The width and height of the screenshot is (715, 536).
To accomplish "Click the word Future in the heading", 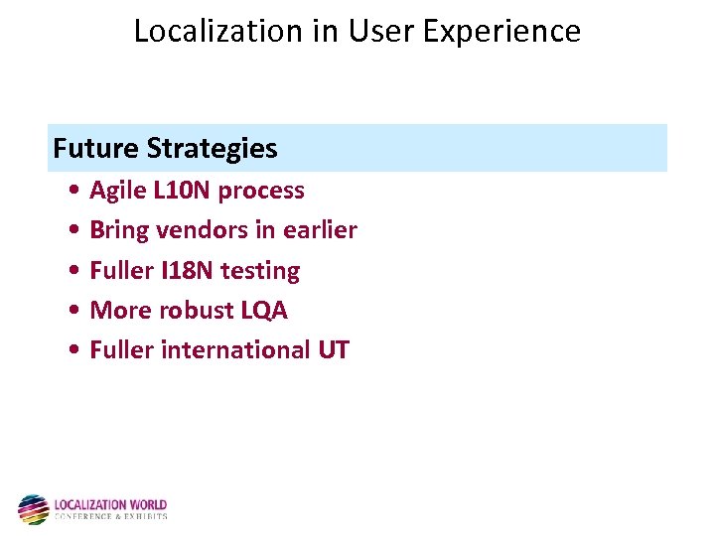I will [x=95, y=149].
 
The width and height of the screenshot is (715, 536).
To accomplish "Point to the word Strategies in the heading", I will [x=212, y=149].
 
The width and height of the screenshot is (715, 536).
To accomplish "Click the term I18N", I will [x=187, y=271].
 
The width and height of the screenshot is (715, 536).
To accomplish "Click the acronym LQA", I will [x=264, y=311].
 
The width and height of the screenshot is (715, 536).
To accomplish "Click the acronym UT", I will [x=334, y=350].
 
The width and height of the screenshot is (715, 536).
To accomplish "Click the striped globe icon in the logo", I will [x=33, y=509].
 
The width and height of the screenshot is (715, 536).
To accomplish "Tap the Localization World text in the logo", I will [x=110, y=505].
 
